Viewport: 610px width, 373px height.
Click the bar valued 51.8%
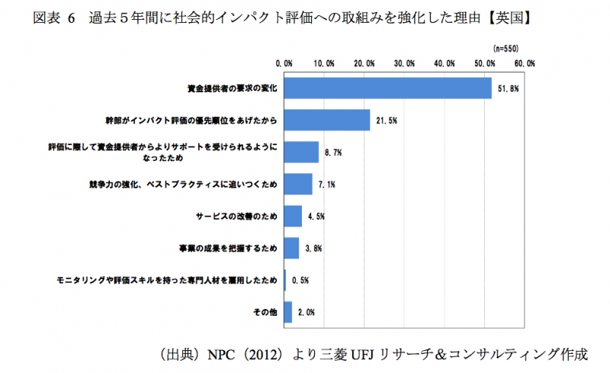tap(387, 88)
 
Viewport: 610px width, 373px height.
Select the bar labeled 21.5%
tap(326, 121)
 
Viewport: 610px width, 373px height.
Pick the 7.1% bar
tap(297, 185)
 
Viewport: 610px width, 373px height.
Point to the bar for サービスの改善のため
tap(292, 217)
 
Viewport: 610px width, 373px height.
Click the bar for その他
tap(287, 312)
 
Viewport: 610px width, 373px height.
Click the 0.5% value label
tap(300, 281)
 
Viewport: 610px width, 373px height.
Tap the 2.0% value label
tap(306, 312)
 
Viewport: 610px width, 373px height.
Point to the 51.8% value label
tap(509, 88)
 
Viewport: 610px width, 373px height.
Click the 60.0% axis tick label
tap(524, 63)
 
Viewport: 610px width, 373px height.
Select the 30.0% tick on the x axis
tap(403, 63)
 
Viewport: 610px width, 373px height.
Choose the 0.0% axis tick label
tap(284, 63)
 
